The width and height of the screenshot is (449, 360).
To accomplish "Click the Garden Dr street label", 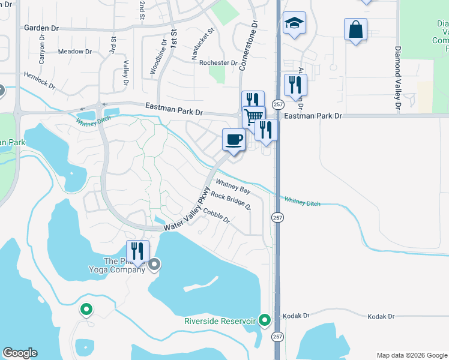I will (x=41, y=28).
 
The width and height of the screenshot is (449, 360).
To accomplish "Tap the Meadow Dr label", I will (x=71, y=52).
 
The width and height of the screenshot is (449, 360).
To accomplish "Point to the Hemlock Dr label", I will (x=40, y=82).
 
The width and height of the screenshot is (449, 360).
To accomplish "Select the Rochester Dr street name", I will (x=218, y=62).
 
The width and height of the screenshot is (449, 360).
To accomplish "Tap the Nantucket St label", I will (x=203, y=44).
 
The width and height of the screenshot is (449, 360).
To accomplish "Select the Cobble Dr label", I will (x=217, y=214).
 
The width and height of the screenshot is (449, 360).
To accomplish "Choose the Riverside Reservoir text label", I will (x=220, y=321).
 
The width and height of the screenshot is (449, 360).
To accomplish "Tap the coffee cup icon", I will (x=234, y=139).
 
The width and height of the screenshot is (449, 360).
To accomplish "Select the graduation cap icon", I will (x=294, y=23).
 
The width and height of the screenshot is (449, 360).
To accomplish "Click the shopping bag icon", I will (x=355, y=29).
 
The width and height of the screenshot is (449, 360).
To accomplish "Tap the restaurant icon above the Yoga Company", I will (x=138, y=250).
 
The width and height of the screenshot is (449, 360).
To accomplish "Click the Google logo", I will (x=20, y=353).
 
